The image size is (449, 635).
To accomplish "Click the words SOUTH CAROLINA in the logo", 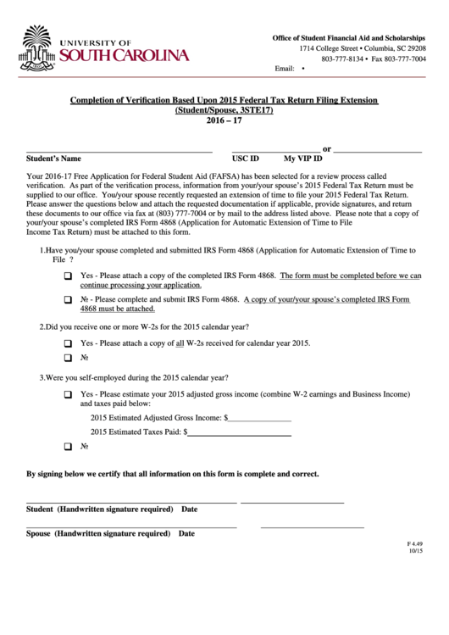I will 124,56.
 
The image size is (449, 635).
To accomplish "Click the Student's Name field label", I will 53,159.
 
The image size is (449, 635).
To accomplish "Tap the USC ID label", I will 246,159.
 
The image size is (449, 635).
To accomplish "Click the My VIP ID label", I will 302,159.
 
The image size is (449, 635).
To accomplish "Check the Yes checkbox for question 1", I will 68,277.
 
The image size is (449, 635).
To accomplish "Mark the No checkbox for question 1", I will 68,301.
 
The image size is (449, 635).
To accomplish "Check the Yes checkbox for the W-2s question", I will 68,343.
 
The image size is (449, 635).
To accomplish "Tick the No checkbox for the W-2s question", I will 68,359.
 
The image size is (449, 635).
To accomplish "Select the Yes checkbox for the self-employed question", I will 68,396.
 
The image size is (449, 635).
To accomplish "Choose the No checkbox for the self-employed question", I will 68,446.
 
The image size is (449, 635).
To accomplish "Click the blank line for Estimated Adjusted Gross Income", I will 259,418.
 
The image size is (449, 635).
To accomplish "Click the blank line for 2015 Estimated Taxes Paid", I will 240,432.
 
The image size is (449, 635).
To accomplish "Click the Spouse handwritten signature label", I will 97,534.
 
